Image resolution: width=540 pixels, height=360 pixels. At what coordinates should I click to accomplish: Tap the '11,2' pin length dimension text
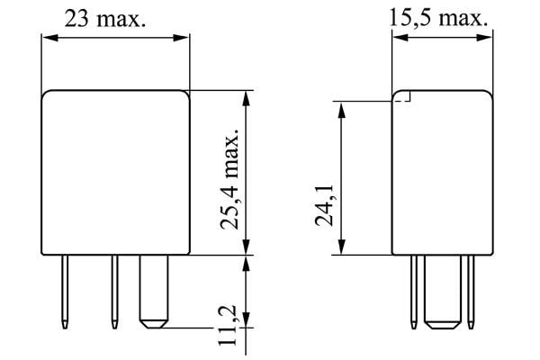(x=230, y=324)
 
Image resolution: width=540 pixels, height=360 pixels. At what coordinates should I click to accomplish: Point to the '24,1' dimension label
(x=326, y=204)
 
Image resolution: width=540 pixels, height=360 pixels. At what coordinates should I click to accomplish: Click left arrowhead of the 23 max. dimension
(x=48, y=38)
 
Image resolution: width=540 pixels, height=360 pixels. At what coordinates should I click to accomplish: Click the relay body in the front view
(x=116, y=171)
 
